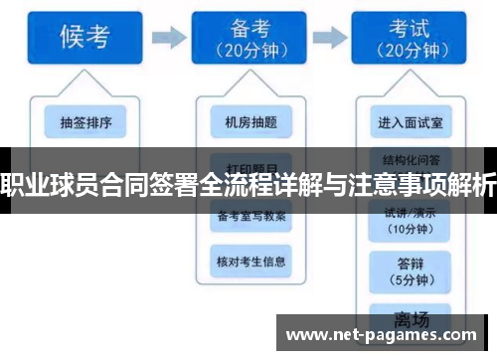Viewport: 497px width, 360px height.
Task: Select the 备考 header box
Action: pyautogui.click(x=243, y=37)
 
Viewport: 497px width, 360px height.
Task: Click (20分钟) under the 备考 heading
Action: pyautogui.click(x=243, y=51)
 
